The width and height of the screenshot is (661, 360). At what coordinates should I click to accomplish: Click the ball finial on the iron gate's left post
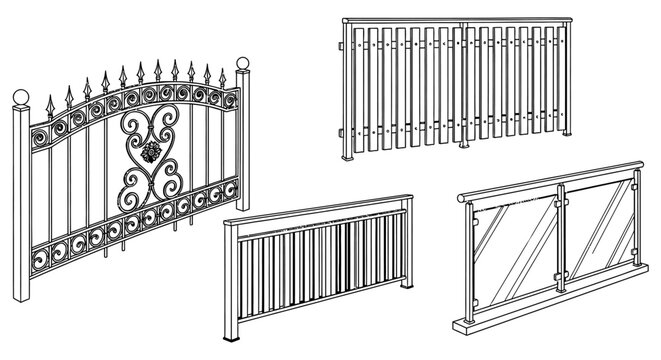coord(19,97)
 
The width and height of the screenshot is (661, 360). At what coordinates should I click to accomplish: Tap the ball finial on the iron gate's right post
coord(242,67)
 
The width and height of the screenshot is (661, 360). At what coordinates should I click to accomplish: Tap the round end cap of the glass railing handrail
coord(461,201)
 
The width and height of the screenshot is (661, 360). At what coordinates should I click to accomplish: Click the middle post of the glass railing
coord(560,245)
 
